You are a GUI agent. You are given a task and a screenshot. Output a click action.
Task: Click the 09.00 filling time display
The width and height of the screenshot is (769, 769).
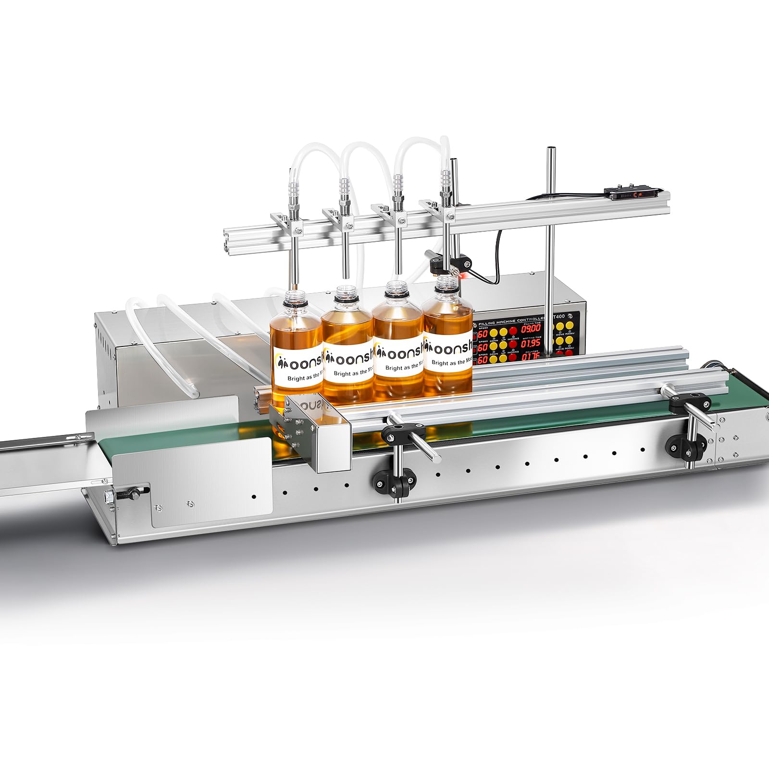pos(531,329)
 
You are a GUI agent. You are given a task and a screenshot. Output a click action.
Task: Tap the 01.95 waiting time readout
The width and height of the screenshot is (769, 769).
pos(531,344)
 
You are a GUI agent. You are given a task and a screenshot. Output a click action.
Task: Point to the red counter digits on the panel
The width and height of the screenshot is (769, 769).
pos(531,357)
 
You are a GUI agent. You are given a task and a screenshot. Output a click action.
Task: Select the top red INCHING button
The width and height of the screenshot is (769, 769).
pos(513,330)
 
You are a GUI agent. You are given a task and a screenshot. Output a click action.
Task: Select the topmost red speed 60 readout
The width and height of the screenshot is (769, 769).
pos(482,334)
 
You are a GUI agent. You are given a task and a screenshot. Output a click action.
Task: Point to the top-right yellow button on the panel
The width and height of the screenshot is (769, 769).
pos(569,325)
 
